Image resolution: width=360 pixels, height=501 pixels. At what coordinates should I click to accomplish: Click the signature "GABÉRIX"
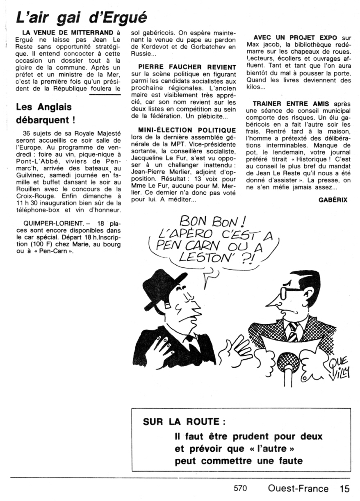pos(333,200)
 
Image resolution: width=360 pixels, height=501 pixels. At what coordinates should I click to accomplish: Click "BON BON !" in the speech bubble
pos(212,224)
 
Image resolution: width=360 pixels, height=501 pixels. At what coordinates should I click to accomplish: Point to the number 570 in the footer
pos(240,489)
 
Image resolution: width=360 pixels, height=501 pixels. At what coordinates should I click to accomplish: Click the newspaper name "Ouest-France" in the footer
pos(298,489)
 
